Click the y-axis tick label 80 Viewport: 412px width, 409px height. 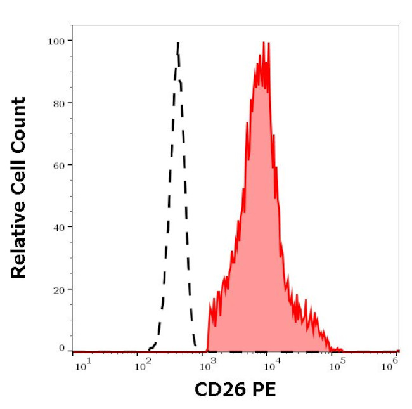(x=58, y=103)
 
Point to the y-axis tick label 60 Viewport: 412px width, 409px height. (x=58, y=165)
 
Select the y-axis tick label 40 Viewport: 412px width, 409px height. (x=58, y=226)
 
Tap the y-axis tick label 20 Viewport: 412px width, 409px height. (x=58, y=289)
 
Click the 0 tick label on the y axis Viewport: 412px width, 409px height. (x=61, y=348)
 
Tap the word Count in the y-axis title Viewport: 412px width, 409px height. (x=19, y=122)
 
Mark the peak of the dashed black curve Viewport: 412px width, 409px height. (x=178, y=43)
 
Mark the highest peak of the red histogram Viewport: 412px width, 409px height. (x=263, y=43)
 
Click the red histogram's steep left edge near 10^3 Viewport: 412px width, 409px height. (x=208, y=323)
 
